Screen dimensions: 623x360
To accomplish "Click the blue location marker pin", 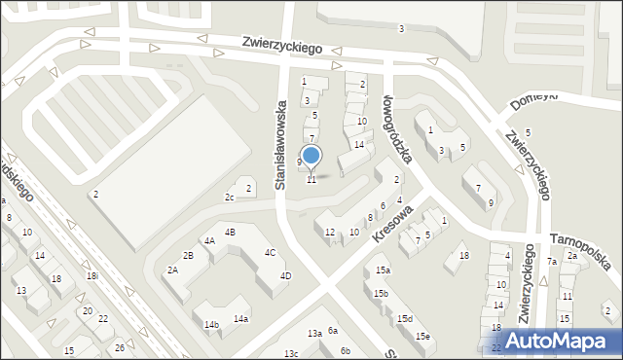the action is [311, 156].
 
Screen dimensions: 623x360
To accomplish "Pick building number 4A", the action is [208, 240].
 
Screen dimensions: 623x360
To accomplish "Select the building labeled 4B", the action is [230, 232].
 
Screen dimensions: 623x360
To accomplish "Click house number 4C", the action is [270, 253].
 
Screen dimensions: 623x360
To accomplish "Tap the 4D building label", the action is [285, 275].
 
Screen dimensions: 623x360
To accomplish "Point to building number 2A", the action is [172, 270].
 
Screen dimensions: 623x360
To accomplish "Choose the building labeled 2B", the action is [189, 255].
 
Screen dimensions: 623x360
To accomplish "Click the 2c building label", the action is [230, 198].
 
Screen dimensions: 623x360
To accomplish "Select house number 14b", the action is [211, 324].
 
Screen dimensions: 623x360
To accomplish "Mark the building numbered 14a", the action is [239, 318].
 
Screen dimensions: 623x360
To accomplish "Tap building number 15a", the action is [383, 270].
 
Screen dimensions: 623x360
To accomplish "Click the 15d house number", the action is [404, 318].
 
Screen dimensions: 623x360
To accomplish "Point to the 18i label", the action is [92, 276].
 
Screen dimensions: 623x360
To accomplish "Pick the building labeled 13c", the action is [290, 353].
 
